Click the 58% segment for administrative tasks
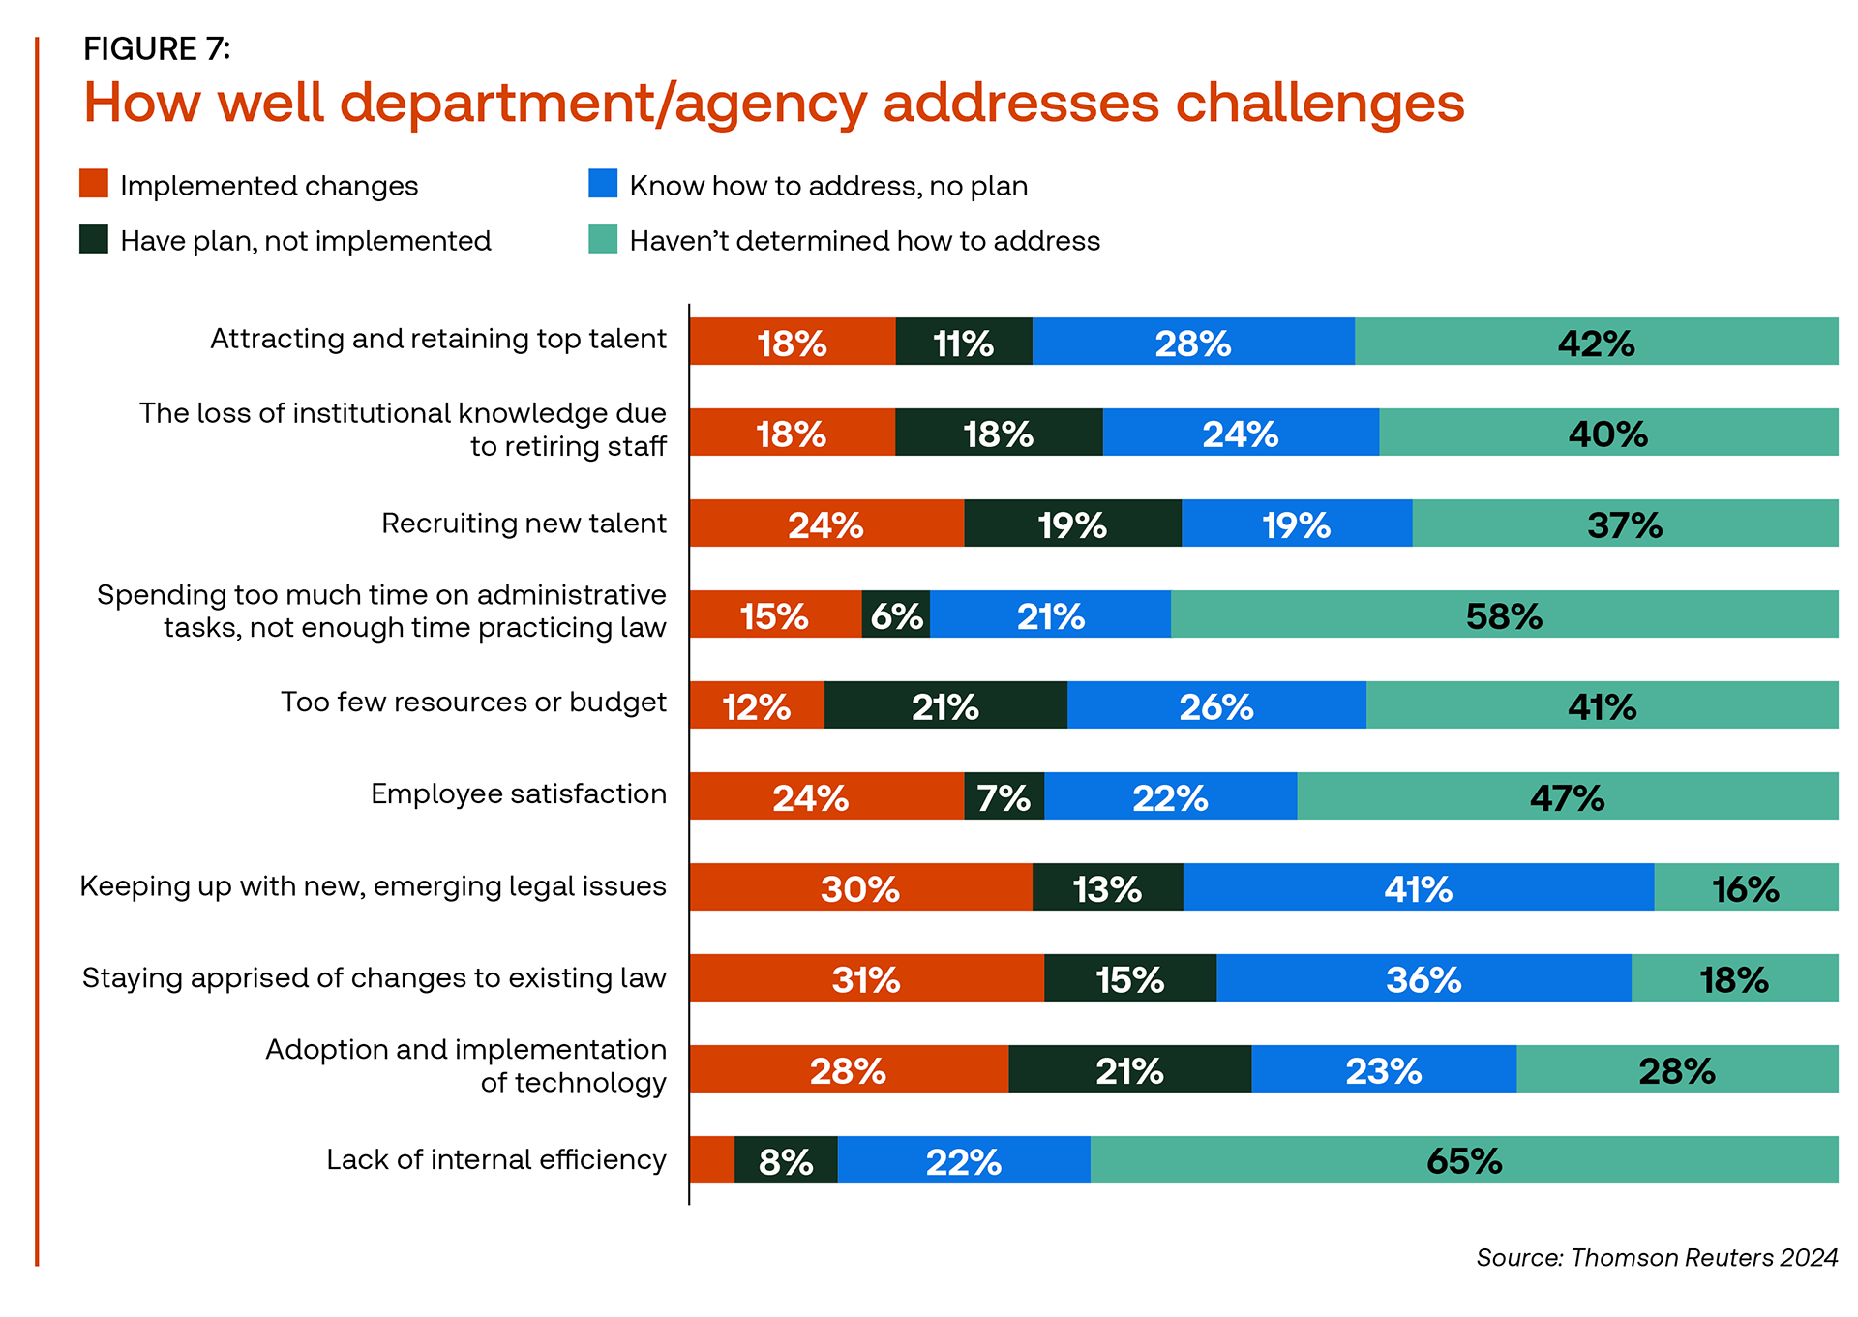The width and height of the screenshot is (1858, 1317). pos(1504,614)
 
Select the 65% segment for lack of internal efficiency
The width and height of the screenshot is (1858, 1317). pos(1463,1160)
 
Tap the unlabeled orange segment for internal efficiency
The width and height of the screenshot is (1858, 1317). pos(711,1160)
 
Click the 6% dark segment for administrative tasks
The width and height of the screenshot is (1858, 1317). pos(896,614)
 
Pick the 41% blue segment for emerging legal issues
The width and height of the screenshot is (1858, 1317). pos(1418,887)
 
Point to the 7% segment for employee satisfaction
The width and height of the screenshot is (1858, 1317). pos(1004,796)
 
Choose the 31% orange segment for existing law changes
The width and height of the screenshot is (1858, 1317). pos(866,978)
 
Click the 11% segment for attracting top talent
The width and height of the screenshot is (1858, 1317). pos(963,342)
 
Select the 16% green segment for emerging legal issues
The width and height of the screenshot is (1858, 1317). pos(1745,887)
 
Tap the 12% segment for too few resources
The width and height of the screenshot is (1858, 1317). pos(756,705)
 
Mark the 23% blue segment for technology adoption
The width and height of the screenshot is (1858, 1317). pos(1383,1069)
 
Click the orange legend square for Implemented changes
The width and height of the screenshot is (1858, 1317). pos(94,184)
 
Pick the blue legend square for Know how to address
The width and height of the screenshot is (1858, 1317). pos(603,184)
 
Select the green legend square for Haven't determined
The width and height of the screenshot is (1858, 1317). pos(603,239)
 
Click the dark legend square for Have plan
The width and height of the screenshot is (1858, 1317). pos(94,239)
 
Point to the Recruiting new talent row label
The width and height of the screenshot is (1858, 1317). pos(524,524)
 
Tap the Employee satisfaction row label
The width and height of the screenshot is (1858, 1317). pos(519,794)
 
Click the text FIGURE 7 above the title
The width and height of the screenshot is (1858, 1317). pos(157,48)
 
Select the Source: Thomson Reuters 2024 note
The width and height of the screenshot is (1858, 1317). pos(1656,1257)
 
